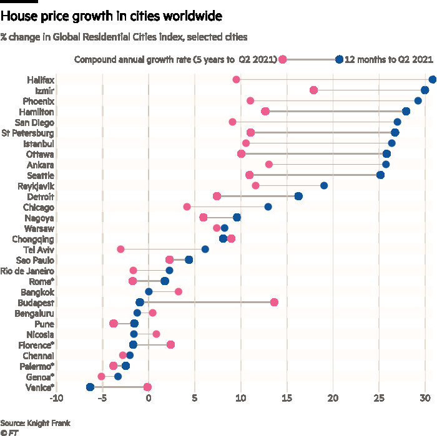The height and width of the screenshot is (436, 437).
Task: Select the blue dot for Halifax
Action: [433, 79]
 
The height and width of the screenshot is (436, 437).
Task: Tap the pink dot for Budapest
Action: [274, 302]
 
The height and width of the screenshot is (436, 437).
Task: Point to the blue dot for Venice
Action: [90, 387]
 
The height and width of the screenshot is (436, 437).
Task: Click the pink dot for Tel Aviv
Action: [120, 249]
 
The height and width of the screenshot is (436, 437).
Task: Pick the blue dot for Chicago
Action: [268, 206]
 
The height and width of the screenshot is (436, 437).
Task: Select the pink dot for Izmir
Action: [313, 90]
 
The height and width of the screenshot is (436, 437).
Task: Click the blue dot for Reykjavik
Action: [324, 185]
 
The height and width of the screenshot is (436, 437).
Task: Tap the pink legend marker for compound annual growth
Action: [282, 59]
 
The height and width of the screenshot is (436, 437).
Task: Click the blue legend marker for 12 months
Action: [339, 59]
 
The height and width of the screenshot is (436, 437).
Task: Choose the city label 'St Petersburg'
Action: [27, 133]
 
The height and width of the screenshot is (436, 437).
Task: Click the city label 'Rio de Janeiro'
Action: [27, 271]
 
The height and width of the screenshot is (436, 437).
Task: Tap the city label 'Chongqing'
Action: [33, 239]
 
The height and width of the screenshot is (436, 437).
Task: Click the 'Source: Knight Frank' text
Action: [36, 423]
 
